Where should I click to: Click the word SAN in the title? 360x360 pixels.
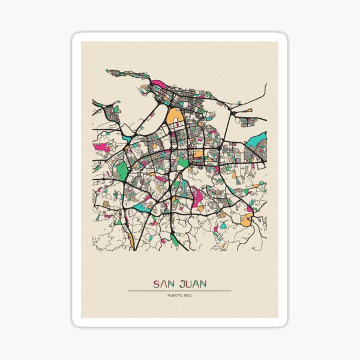point(164,283)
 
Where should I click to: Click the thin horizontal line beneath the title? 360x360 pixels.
point(179,291)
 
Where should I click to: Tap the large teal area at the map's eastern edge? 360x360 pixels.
point(257,143)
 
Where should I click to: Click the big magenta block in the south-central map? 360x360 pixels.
point(196,194)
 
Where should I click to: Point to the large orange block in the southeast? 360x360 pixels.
point(246,220)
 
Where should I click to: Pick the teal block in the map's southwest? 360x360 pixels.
point(139,206)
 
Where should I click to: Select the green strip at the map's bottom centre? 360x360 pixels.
point(174,239)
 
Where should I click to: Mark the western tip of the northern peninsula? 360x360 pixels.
point(108,71)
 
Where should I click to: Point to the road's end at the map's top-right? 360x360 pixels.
point(265,85)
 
